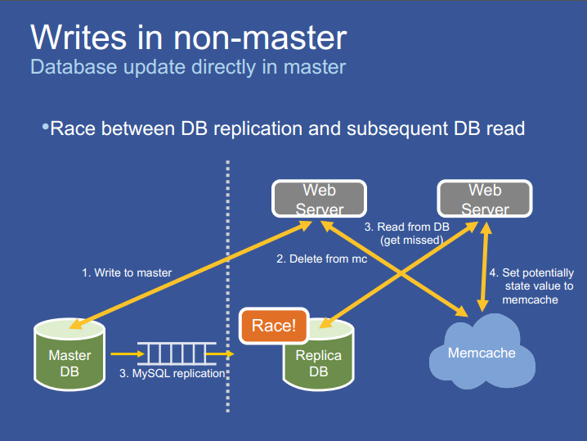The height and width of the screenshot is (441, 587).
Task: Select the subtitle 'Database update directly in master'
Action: pyautogui.click(x=187, y=67)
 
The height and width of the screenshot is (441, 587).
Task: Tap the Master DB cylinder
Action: pyautogui.click(x=69, y=356)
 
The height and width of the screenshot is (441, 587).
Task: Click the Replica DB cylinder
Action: pyautogui.click(x=319, y=360)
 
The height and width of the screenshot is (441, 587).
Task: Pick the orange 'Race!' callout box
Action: pyautogui.click(x=273, y=326)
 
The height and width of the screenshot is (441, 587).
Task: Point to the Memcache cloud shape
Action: pyautogui.click(x=482, y=351)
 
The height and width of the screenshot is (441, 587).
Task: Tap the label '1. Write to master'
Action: pyautogui.click(x=127, y=272)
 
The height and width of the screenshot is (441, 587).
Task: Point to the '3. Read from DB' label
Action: pyautogui.click(x=406, y=227)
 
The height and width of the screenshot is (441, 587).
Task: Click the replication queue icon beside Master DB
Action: pyautogui.click(x=177, y=353)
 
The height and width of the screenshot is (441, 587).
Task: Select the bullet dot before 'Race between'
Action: pyautogui.click(x=45, y=127)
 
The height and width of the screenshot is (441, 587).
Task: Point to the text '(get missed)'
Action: pyautogui.click(x=411, y=240)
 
